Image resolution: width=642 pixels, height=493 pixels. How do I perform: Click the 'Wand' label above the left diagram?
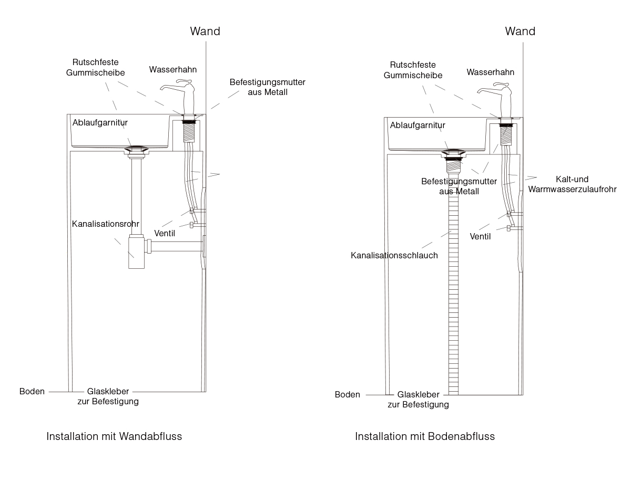(x=205, y=32)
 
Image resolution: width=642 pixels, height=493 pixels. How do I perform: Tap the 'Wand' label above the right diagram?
(x=520, y=32)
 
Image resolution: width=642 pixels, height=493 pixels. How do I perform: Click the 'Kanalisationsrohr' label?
(x=106, y=224)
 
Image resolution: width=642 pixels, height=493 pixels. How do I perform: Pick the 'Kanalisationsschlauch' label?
(x=394, y=256)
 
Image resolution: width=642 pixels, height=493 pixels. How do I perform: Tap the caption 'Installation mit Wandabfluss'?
(x=114, y=436)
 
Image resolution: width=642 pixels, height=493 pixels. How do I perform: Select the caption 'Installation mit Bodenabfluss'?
(x=425, y=436)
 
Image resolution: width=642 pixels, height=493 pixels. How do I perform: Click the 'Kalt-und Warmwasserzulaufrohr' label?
(x=572, y=184)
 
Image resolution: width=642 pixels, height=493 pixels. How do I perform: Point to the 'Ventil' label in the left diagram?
(x=165, y=233)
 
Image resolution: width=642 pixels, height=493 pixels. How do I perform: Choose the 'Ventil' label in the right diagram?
(x=480, y=236)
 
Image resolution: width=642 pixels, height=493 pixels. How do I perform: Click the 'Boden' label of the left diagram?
(x=32, y=392)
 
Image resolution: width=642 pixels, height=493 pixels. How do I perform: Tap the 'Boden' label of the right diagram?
(x=347, y=395)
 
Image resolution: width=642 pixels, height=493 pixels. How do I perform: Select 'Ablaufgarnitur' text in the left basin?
(x=100, y=123)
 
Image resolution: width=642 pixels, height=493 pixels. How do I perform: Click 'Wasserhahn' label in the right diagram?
(x=490, y=72)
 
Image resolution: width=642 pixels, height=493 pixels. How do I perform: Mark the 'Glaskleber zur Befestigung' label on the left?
(x=108, y=396)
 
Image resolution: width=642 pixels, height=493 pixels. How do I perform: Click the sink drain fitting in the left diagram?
(x=136, y=150)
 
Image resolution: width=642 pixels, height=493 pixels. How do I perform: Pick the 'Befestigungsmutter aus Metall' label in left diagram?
(x=268, y=87)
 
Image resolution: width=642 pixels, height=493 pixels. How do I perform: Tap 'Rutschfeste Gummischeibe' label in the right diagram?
(x=413, y=70)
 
